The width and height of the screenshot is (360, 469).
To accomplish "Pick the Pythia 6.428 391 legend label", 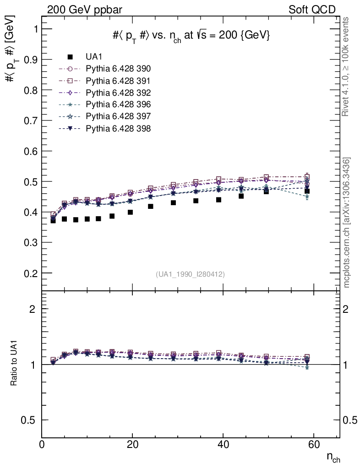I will click(x=118, y=81).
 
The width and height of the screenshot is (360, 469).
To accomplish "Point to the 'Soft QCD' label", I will click(x=312, y=10).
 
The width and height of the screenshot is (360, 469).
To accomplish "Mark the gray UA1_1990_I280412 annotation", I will click(x=190, y=274).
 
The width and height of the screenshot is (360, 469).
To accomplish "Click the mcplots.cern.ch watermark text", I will click(x=347, y=223).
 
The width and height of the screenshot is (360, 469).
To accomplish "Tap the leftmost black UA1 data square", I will click(x=53, y=220).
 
